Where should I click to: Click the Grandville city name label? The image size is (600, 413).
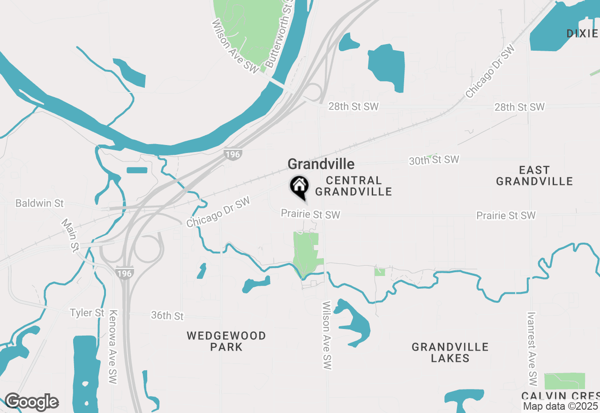(x=321, y=164)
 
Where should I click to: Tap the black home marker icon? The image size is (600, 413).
(x=299, y=186)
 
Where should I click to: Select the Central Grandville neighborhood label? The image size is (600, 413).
(x=353, y=186)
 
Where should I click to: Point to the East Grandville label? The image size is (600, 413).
(x=534, y=176)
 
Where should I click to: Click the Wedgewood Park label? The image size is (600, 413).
(x=226, y=341)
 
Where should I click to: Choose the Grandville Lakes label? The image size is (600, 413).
(x=450, y=352)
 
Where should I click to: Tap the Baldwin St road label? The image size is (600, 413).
(x=39, y=204)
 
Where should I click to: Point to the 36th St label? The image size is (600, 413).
(x=167, y=316)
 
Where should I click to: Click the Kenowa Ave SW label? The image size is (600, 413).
(x=112, y=347)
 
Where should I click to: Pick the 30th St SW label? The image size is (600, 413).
(x=434, y=160)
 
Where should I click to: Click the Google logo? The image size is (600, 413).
(x=31, y=402)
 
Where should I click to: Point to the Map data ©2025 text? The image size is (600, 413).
(x=561, y=406)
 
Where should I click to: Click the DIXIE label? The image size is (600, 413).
(x=582, y=33)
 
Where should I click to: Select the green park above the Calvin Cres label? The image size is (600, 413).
(x=564, y=381)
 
